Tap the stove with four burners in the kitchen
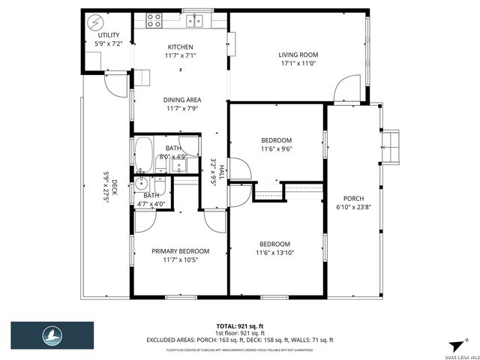[154, 20]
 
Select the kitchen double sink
[195, 20]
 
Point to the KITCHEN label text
[180, 46]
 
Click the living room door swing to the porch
[343, 90]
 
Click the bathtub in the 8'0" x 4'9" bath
[145, 154]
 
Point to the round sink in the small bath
[141, 184]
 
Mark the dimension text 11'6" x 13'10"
[274, 253]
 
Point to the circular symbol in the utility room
[96, 21]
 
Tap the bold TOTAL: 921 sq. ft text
[240, 326]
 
